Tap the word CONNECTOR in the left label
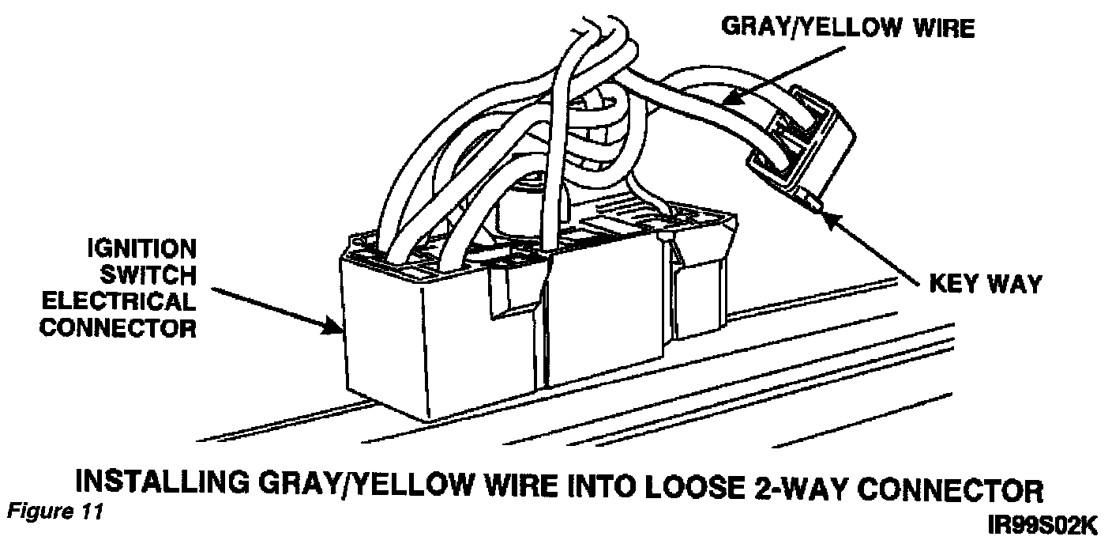coord(118,327)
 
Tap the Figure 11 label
coord(53,512)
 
